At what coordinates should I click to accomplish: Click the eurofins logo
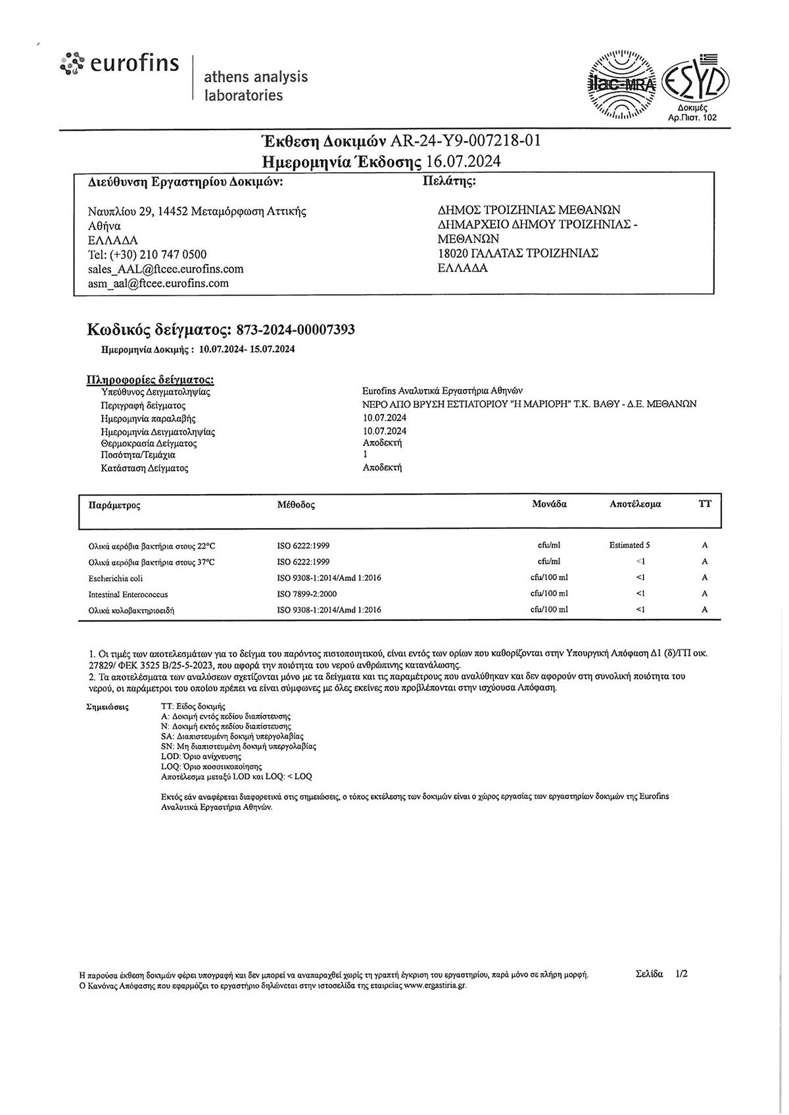(x=120, y=64)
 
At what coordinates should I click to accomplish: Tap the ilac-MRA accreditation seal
(x=621, y=85)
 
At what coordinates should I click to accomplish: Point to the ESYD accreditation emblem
(x=696, y=80)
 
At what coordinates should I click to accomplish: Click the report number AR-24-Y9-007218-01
(x=466, y=141)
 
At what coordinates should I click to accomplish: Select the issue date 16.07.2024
(x=464, y=161)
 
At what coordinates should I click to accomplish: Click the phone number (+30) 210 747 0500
(x=158, y=254)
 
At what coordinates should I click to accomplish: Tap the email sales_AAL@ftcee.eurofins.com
(x=166, y=269)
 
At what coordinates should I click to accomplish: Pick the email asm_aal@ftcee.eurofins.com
(x=158, y=283)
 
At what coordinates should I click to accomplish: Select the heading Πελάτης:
(x=448, y=181)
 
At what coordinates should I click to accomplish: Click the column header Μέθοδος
(x=296, y=505)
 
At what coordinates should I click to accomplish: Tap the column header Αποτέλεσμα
(x=635, y=504)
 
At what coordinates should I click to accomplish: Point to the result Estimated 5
(x=629, y=545)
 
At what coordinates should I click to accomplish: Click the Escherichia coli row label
(x=116, y=578)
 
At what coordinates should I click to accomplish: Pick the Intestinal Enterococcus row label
(x=128, y=594)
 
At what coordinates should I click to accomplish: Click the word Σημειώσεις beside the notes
(x=108, y=707)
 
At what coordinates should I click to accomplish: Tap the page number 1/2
(x=681, y=974)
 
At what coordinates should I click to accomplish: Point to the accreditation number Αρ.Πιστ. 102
(x=692, y=118)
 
